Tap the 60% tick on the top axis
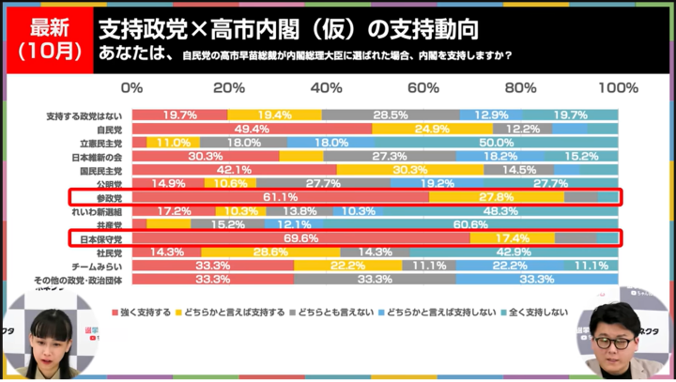point(423,87)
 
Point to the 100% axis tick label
point(617,87)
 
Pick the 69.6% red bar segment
point(300,239)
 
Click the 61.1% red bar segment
point(280,198)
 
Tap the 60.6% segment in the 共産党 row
point(476,225)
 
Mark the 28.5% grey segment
point(391,115)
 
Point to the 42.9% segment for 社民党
point(514,253)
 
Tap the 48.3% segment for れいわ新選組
point(500,212)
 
